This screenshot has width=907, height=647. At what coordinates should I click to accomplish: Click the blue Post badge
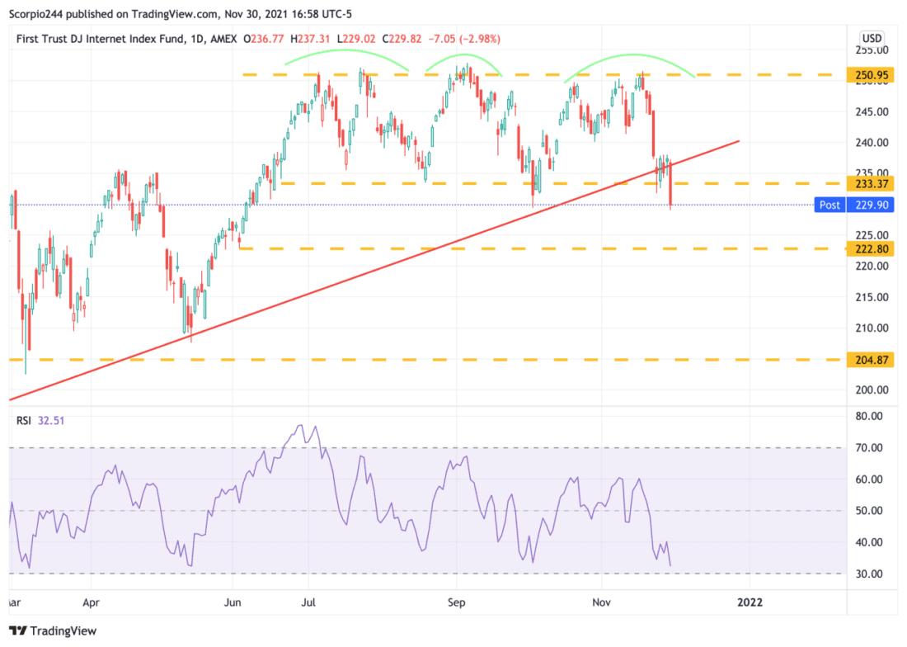(x=830, y=205)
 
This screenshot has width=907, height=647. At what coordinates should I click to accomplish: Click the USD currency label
(x=872, y=39)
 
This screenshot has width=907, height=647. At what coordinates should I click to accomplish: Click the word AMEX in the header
(x=223, y=39)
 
